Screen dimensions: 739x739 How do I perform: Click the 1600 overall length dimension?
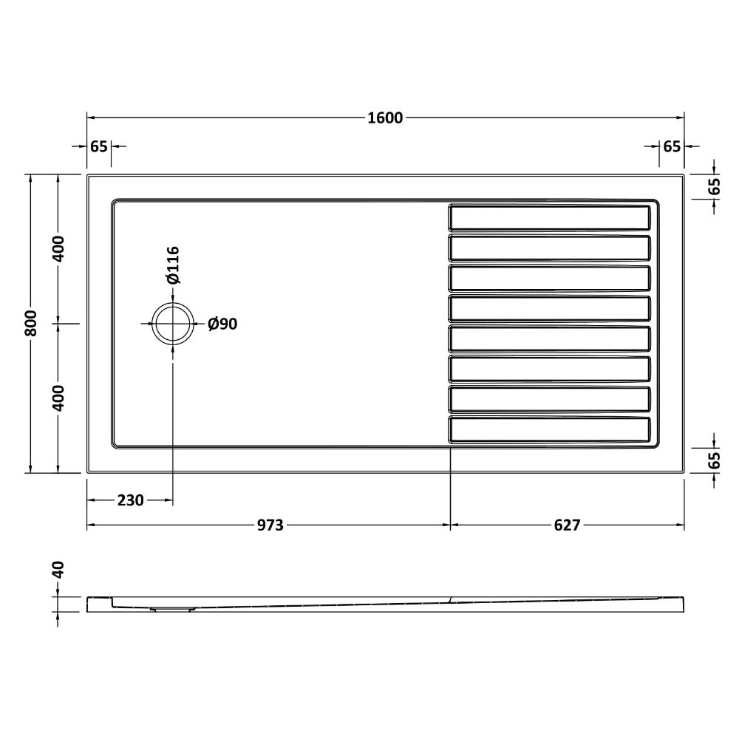point(385,118)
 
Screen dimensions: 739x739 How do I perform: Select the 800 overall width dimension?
point(30,324)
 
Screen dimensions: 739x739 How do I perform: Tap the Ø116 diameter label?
point(173,265)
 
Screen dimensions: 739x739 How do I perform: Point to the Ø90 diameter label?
point(222,324)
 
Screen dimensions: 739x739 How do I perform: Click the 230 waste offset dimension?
point(130,500)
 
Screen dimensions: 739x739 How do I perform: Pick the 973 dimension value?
point(270,525)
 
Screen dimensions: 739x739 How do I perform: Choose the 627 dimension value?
point(567,525)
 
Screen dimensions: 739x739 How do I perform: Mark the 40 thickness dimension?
point(58,570)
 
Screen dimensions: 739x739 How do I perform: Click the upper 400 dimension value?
point(58,249)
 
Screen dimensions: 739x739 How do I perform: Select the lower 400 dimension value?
point(58,398)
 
